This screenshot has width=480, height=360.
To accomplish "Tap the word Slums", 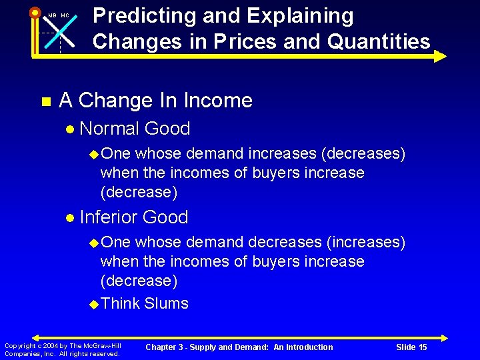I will click(x=167, y=303).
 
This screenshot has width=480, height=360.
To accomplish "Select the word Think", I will click(x=120, y=303).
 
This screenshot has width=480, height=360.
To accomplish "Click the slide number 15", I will click(x=421, y=347).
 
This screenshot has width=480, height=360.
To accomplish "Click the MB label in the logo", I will click(x=51, y=15).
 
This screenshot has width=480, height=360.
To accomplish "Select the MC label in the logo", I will click(x=65, y=15).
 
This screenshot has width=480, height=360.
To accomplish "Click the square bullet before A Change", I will click(x=45, y=102).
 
